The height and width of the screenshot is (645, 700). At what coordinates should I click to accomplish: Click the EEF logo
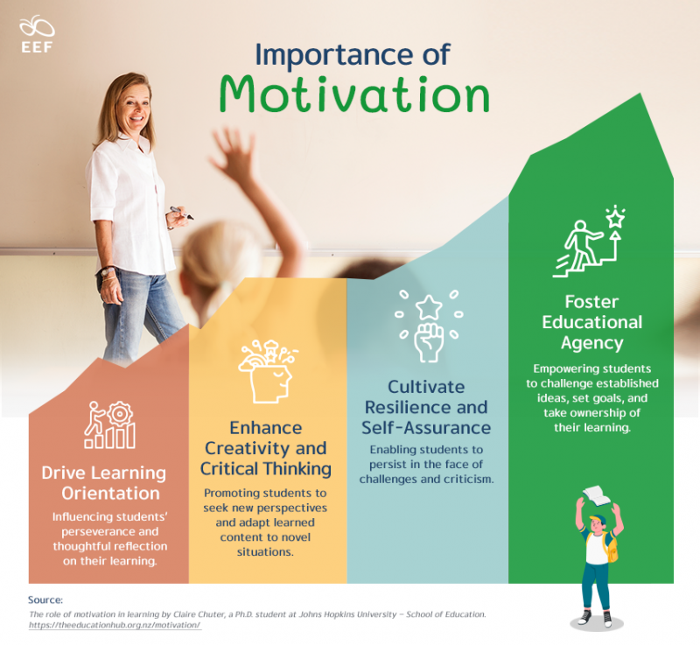(x=37, y=36)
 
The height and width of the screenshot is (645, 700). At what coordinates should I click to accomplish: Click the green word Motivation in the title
(x=353, y=94)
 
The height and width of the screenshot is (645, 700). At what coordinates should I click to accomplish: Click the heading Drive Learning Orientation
(x=103, y=482)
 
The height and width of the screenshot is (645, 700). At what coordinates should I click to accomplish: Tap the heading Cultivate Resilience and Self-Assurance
(x=426, y=407)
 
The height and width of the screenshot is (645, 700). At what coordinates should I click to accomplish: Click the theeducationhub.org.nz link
(x=115, y=627)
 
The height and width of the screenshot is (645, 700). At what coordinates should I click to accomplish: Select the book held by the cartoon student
(x=596, y=494)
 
